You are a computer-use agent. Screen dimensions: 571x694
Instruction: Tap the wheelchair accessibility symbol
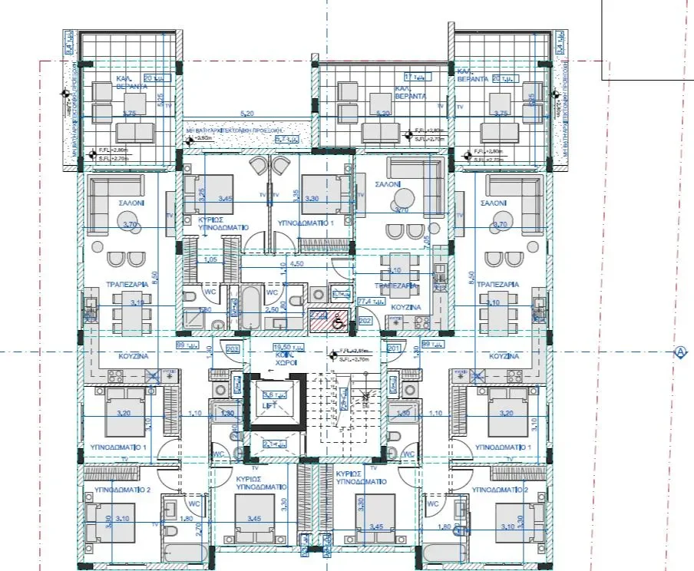[335, 323]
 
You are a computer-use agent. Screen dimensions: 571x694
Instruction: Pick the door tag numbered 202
[365, 321]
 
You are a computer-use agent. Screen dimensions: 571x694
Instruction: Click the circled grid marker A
[679, 352]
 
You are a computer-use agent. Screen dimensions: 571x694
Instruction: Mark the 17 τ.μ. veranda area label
[414, 77]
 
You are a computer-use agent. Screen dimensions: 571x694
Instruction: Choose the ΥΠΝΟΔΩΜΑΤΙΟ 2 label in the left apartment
[117, 489]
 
